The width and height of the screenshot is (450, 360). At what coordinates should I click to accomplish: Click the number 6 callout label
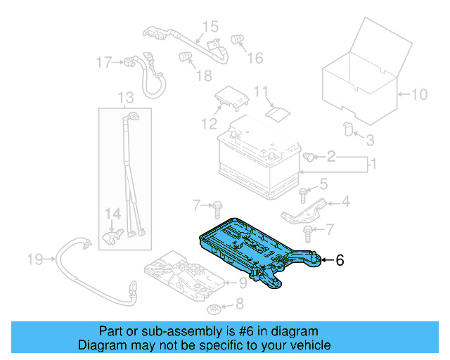pyautogui.click(x=340, y=260)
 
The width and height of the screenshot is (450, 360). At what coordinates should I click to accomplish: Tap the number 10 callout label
pyautogui.click(x=418, y=94)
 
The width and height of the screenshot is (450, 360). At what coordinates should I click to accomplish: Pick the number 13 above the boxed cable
pyautogui.click(x=124, y=97)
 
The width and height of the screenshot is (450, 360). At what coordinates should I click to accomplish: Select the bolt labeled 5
pyautogui.click(x=303, y=192)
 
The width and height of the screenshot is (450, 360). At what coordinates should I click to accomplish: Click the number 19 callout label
pyautogui.click(x=34, y=260)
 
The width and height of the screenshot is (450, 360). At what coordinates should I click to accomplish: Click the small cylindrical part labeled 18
pyautogui.click(x=185, y=56)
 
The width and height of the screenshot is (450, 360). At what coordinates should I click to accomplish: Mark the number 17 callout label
pyautogui.click(x=104, y=63)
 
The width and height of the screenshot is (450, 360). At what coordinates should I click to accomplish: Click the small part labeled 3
pyautogui.click(x=347, y=128)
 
